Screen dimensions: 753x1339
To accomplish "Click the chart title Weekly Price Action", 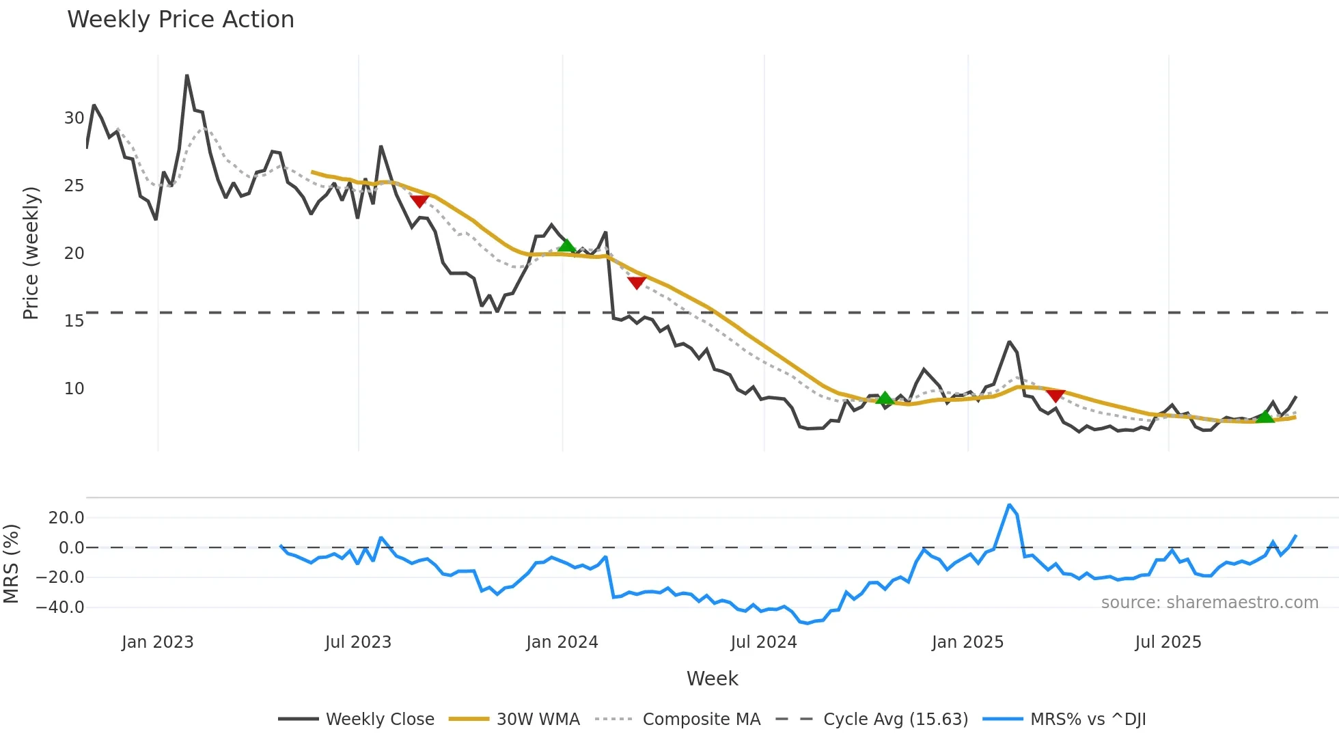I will coord(180,20).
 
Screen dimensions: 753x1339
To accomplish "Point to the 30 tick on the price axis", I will coord(74,118).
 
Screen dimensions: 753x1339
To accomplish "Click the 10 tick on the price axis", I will coord(74,389).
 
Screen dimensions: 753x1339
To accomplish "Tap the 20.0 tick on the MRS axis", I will coord(66,518).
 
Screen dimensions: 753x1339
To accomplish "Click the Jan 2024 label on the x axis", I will coord(562,642).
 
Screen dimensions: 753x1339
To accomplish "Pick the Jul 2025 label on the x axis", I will coord(1168,642).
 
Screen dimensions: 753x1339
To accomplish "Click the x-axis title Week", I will coord(712,679).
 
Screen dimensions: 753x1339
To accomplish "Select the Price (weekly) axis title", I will coord(31,253).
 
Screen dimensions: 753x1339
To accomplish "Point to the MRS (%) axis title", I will coord(11,564).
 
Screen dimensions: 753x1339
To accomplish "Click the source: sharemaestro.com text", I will coord(1209,603).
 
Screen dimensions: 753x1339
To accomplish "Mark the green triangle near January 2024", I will coord(566,245).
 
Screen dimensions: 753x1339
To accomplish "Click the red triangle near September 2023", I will coord(419,202).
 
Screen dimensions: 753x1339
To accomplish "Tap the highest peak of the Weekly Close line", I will coord(187,76).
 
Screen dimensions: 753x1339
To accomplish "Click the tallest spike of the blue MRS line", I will coord(1009,505).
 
